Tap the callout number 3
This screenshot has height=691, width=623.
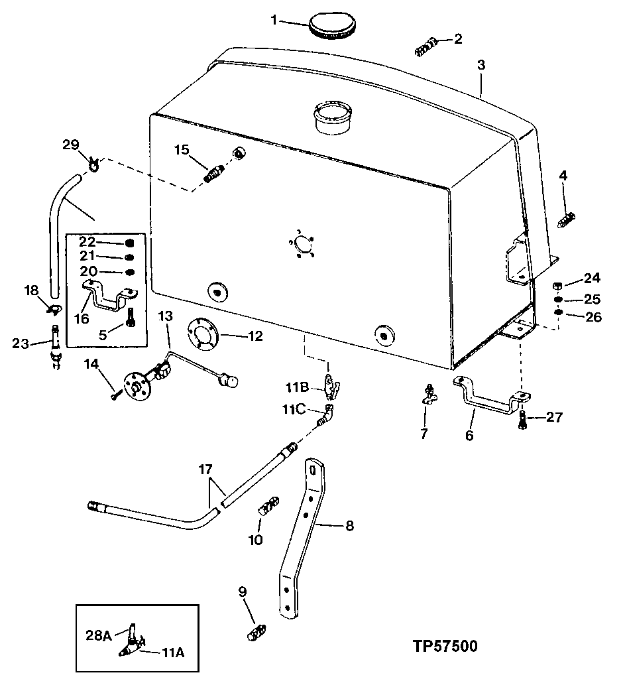click(481, 65)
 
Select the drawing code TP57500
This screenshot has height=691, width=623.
click(440, 646)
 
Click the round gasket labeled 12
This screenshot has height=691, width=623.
click(203, 334)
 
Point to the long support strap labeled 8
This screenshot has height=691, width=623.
click(305, 537)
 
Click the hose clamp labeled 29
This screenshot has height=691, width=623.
click(92, 162)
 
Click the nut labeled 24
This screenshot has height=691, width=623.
click(558, 286)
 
